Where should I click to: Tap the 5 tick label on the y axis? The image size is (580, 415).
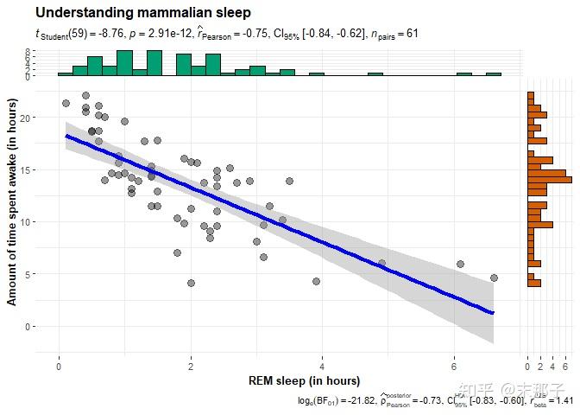29,274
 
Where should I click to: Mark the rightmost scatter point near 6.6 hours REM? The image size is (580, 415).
494,278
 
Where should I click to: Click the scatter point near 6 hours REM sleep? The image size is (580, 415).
460,264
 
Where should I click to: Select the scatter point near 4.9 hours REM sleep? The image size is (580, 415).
382,263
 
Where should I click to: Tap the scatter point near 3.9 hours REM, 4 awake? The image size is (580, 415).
316,281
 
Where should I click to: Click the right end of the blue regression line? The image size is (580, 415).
492,312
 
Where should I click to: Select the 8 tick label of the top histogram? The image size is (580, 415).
28,53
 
